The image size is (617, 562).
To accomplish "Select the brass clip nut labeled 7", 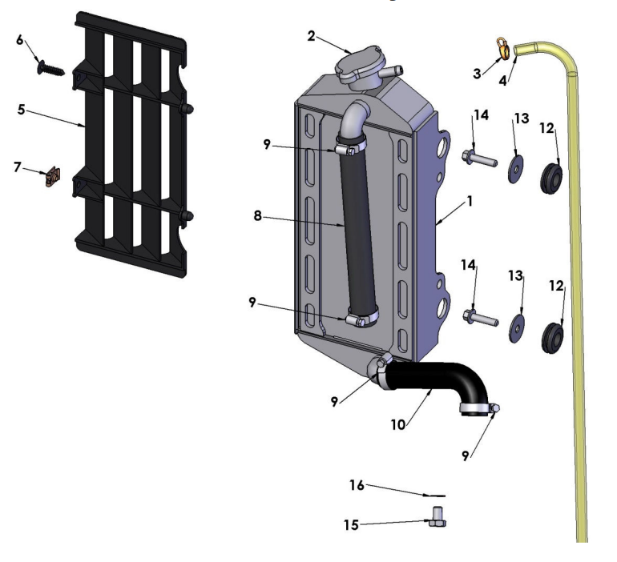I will point(54,175).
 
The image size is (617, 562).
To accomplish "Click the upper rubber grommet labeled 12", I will point(550,174).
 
